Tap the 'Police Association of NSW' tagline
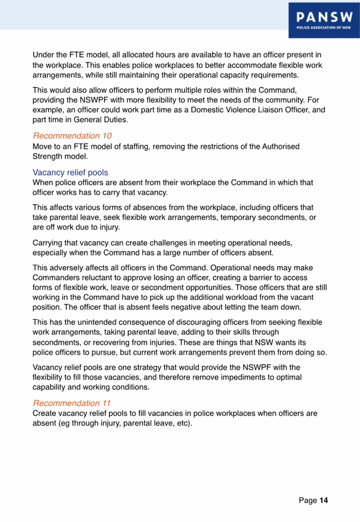tap(321, 31)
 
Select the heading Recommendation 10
tap(72, 136)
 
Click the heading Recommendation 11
tap(72, 403)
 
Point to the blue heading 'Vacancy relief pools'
tap(70, 172)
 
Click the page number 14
tap(324, 499)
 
